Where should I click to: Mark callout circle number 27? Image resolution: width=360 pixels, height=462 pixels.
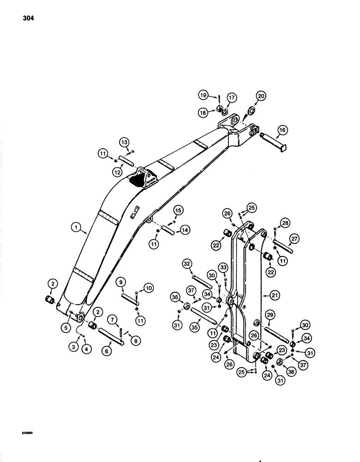pos(293,239)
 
